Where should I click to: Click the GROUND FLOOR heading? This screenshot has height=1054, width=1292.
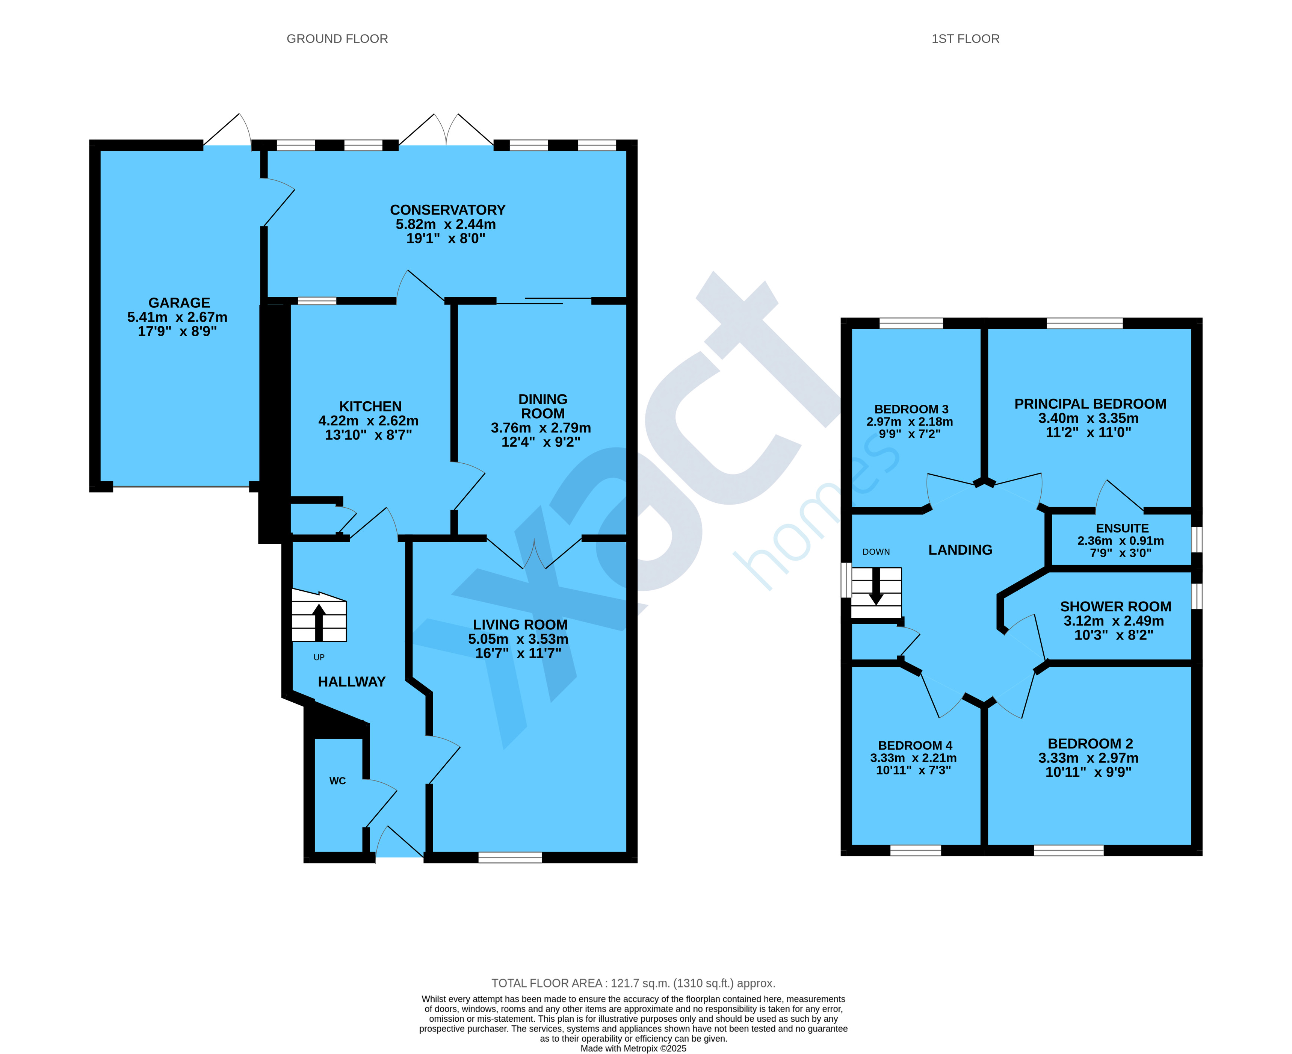click(x=337, y=39)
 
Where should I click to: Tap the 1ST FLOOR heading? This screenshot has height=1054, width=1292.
click(x=966, y=39)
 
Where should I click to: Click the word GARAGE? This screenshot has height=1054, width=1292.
click(x=179, y=302)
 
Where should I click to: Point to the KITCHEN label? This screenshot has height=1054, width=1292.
click(x=370, y=406)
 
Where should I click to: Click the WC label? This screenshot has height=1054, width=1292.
click(x=338, y=781)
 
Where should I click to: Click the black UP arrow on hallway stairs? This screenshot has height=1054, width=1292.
click(x=319, y=622)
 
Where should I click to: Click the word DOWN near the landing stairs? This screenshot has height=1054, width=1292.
click(x=876, y=552)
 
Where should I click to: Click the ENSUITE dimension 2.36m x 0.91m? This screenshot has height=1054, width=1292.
click(x=1121, y=540)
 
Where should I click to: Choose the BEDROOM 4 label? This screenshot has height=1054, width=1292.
click(x=915, y=745)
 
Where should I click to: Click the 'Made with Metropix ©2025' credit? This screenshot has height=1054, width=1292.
click(x=633, y=1048)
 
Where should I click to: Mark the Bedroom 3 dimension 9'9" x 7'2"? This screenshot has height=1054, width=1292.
click(x=910, y=434)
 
